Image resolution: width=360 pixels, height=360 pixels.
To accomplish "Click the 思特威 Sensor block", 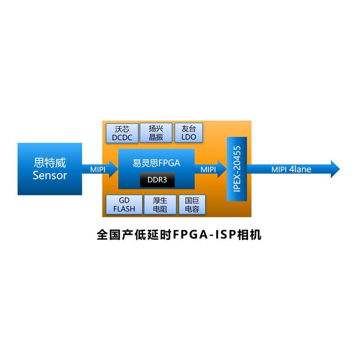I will pyautogui.click(x=49, y=169).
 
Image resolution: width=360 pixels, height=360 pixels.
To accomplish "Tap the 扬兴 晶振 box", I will pyautogui.click(x=156, y=133).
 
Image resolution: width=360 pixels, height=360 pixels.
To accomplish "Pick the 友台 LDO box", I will pyautogui.click(x=189, y=133).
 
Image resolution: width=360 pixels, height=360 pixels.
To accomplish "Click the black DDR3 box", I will pyautogui.click(x=157, y=180).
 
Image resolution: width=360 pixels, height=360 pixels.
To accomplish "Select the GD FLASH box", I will pyautogui.click(x=124, y=205).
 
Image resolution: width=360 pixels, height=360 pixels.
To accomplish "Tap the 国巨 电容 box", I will pyautogui.click(x=192, y=205).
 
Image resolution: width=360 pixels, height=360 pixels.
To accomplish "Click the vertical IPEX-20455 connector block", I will pyautogui.click(x=237, y=169).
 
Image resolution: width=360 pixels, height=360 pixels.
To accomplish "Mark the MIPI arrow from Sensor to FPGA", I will pyautogui.click(x=99, y=170).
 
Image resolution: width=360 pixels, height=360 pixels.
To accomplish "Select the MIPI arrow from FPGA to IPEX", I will pyautogui.click(x=210, y=170).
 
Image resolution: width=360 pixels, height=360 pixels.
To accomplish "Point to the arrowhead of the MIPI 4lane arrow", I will pyautogui.click(x=335, y=169).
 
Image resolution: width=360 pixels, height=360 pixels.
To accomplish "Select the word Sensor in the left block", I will pyautogui.click(x=49, y=175).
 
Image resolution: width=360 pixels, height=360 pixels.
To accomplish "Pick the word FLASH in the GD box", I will pyautogui.click(x=124, y=209).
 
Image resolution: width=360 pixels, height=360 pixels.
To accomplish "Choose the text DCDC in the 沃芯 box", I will pyautogui.click(x=122, y=138).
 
